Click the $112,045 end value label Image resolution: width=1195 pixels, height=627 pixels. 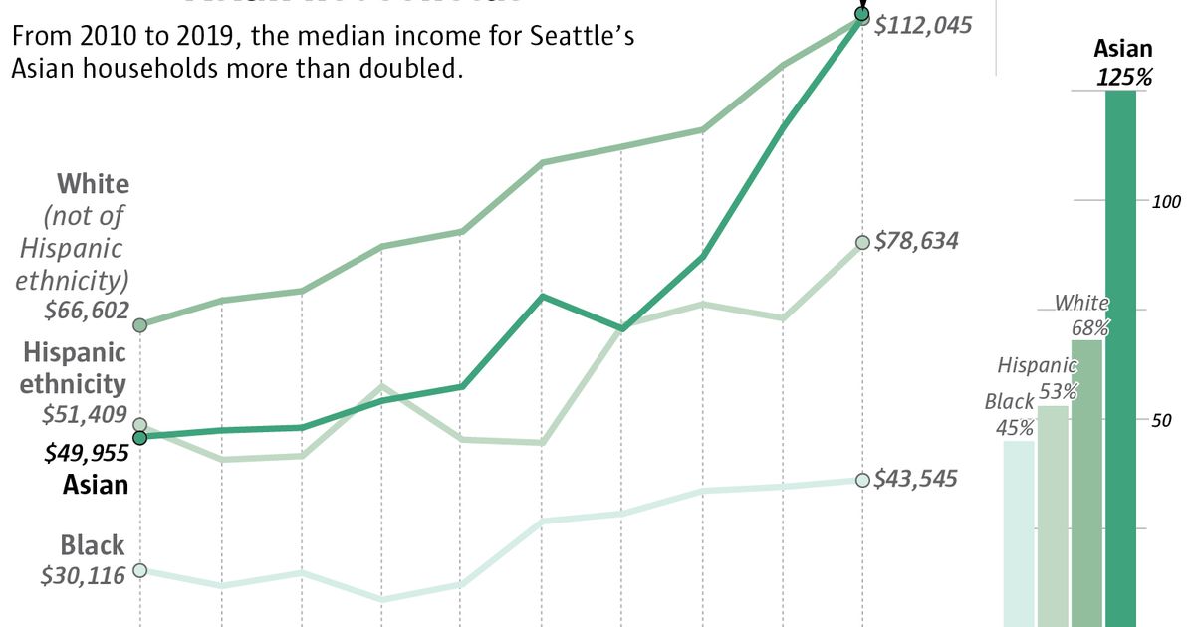[922, 26]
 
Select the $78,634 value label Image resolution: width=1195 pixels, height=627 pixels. [916, 241]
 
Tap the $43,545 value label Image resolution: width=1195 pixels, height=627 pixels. [916, 479]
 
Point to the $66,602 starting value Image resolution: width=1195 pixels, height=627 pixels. [87, 310]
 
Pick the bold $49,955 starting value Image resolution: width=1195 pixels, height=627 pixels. [87, 453]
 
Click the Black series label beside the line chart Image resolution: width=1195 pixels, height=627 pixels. [93, 545]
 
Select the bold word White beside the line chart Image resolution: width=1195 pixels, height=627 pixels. [93, 184]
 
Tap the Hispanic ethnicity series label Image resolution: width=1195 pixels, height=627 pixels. [75, 367]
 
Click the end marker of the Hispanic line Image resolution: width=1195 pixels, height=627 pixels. [862, 243]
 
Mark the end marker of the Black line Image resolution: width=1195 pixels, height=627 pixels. [862, 480]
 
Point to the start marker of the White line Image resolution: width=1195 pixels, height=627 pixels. [140, 325]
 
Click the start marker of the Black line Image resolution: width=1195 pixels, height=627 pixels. [140, 570]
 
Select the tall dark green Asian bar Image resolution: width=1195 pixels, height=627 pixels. [1121, 358]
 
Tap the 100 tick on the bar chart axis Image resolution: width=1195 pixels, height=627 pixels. [1166, 202]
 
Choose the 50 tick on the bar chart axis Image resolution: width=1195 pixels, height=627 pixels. [1161, 420]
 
